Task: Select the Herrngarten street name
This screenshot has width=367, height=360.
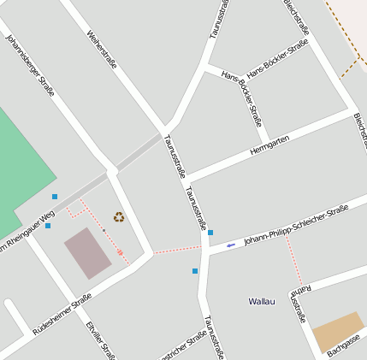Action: point(269,145)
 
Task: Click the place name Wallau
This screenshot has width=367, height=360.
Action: point(262,301)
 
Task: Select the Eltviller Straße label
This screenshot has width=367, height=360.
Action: point(101,340)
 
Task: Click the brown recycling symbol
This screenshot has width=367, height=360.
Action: point(119,217)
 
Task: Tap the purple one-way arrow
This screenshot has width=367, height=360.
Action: point(231,245)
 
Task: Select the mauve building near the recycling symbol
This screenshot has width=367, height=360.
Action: point(87,252)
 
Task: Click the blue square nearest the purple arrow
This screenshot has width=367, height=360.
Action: point(210,233)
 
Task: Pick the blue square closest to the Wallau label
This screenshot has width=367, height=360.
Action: point(195,271)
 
